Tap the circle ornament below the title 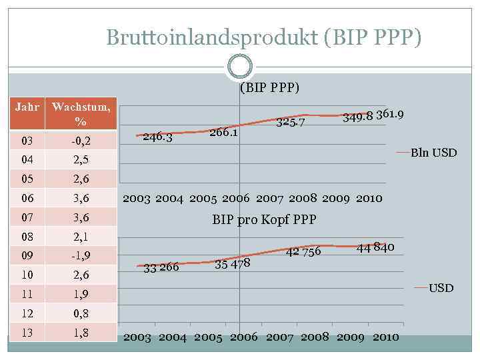(240, 66)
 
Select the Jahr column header (27, 107)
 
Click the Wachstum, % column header (81, 114)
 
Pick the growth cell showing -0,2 (81, 141)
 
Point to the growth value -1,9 (81, 255)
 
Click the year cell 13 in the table (27, 332)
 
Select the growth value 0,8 (81, 313)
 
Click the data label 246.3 (158, 137)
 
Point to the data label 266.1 (224, 132)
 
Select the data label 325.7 (291, 123)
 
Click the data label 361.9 (389, 114)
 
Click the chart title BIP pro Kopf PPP (264, 219)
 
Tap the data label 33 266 (161, 268)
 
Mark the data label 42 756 (303, 251)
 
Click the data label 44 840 (376, 247)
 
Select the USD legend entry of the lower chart (440, 288)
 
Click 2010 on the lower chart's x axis (386, 337)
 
